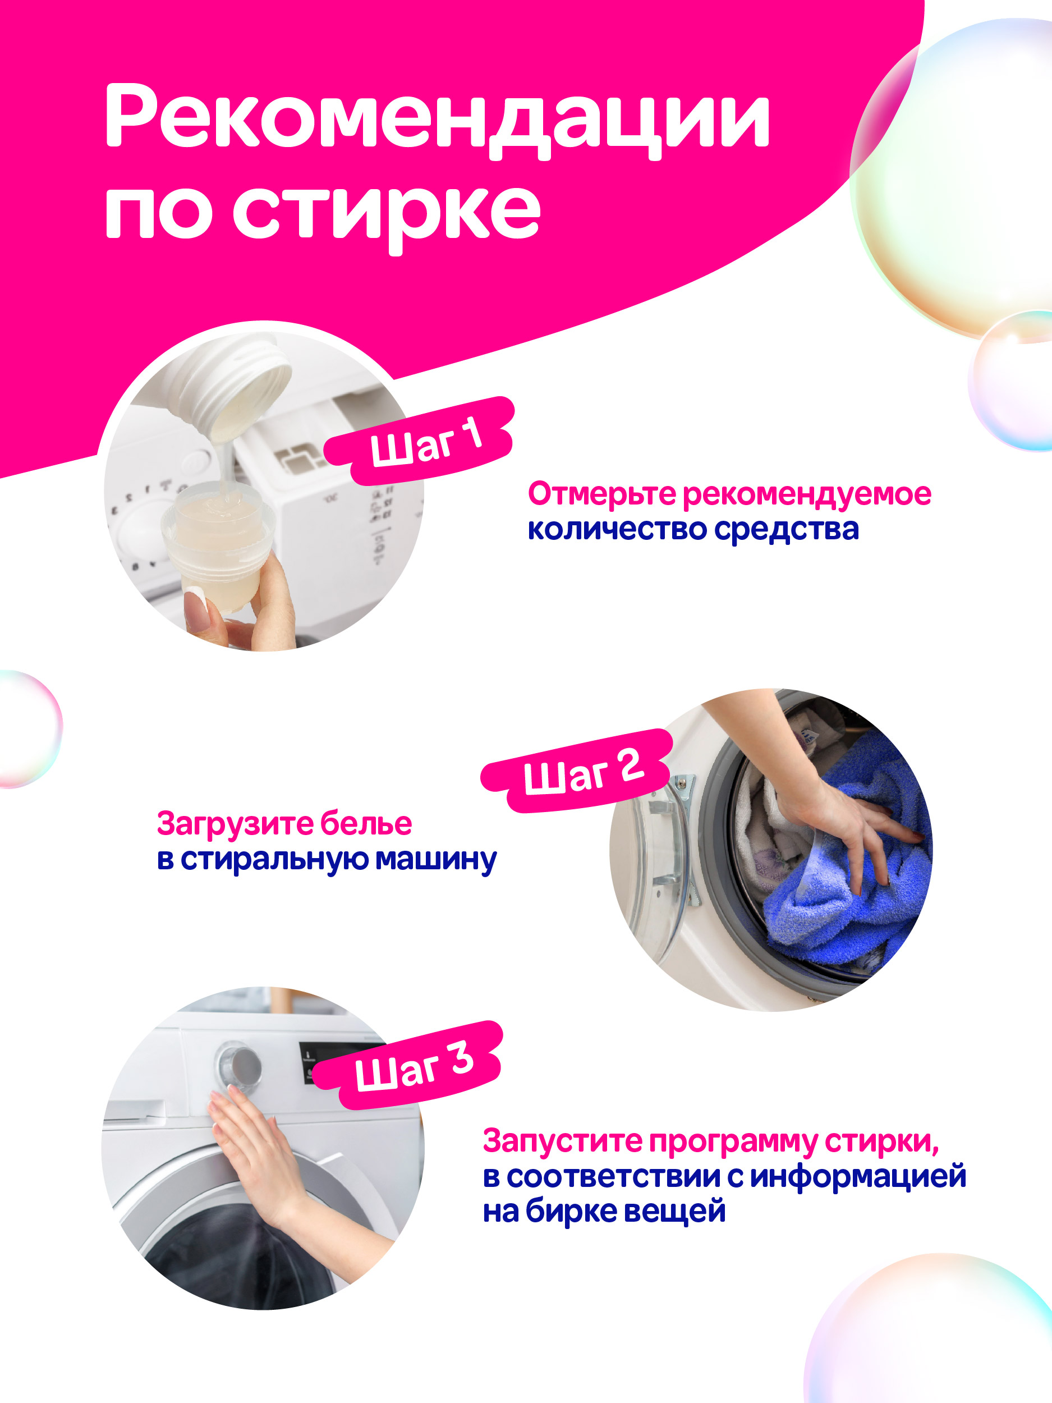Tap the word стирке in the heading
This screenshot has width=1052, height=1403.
(x=388, y=213)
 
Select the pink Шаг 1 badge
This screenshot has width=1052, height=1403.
(x=419, y=441)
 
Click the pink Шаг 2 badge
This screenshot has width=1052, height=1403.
(x=576, y=771)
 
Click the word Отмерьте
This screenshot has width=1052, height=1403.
(x=603, y=495)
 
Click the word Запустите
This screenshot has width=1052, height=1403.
(x=563, y=1141)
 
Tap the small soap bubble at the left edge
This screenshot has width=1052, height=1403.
(x=29, y=730)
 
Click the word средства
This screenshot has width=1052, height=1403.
(x=786, y=530)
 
